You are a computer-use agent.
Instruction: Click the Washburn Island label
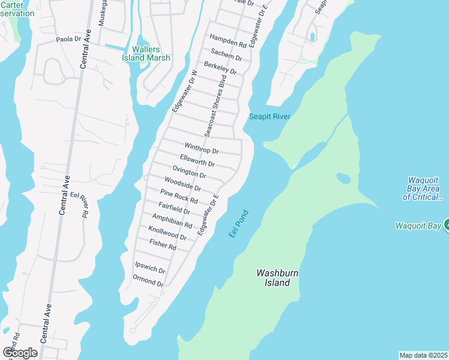click(x=277, y=277)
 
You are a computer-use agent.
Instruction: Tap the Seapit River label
click(x=270, y=116)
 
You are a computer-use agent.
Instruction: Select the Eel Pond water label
click(x=238, y=223)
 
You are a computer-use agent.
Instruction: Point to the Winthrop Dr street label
click(x=202, y=148)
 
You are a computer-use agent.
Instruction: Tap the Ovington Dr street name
click(x=189, y=172)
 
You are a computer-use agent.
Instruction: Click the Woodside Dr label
click(x=182, y=184)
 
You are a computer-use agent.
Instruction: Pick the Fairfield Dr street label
click(x=175, y=208)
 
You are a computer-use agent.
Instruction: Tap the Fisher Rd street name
click(x=163, y=245)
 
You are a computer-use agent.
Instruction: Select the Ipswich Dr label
click(x=150, y=267)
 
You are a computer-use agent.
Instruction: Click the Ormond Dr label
click(x=148, y=280)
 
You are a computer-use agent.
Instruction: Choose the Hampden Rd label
click(x=228, y=41)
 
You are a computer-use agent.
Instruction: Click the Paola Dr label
click(x=68, y=39)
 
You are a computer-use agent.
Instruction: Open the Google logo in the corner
click(x=20, y=352)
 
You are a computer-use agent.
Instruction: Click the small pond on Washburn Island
click(x=343, y=178)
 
